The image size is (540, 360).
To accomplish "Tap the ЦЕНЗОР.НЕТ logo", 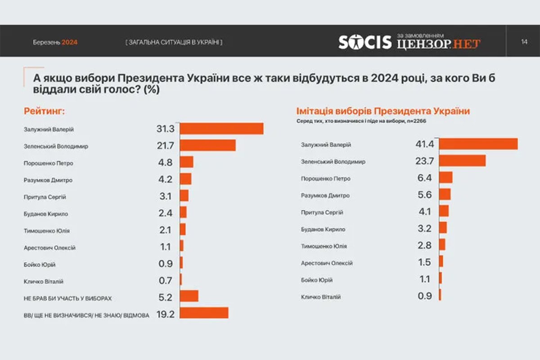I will pyautogui.click(x=439, y=44).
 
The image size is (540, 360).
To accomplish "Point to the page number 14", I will pyautogui.click(x=524, y=42).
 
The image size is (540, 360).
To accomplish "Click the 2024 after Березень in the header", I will pyautogui.click(x=70, y=42).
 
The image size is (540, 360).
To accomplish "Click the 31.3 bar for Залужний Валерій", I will pyautogui.click(x=221, y=129).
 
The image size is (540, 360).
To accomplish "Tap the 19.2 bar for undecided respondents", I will pyautogui.click(x=204, y=313).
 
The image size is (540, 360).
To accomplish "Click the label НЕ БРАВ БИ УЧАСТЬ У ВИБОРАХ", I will pyautogui.click(x=67, y=298).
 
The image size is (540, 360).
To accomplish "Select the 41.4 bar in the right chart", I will pyautogui.click(x=478, y=144).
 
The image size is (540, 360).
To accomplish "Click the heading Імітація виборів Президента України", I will pyautogui.click(x=382, y=111).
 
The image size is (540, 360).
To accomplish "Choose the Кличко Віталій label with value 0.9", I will pyautogui.click(x=321, y=297).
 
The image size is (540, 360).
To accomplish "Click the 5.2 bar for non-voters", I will pyautogui.click(x=189, y=296).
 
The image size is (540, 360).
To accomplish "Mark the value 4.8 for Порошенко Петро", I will pyautogui.click(x=165, y=163).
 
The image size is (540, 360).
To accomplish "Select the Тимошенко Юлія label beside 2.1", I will pyautogui.click(x=46, y=231).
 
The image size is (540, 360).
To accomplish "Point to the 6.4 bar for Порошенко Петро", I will pyautogui.click(x=445, y=177).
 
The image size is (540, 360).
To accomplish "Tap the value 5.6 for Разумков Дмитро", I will pyautogui.click(x=424, y=195).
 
